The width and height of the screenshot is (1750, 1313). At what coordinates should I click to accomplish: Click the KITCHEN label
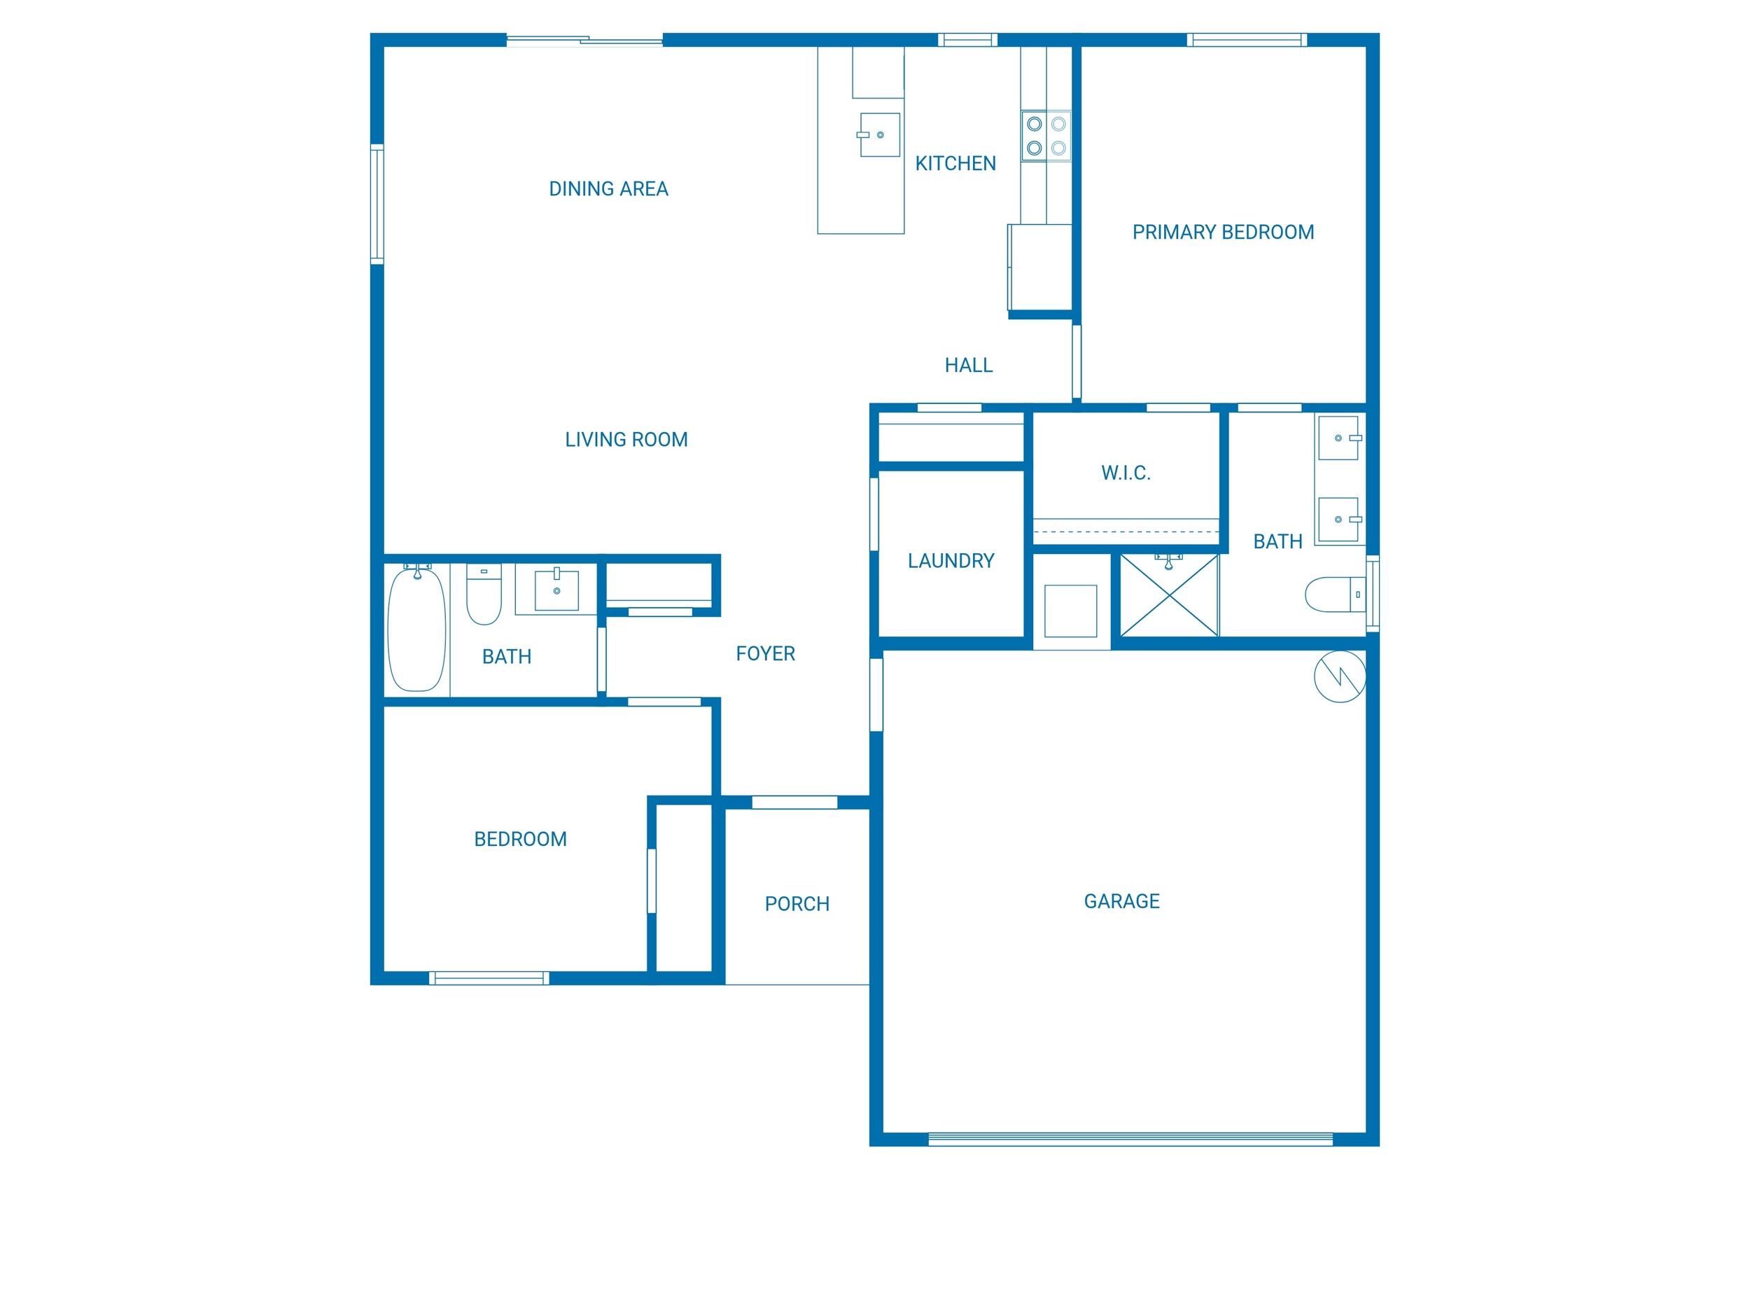point(955,164)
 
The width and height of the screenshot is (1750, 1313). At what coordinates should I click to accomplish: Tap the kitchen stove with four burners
point(1045,136)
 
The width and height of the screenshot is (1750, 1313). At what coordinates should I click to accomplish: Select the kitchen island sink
point(880,134)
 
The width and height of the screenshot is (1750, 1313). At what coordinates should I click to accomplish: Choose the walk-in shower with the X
point(1169,595)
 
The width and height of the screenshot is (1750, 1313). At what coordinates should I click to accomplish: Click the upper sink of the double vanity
point(1338,438)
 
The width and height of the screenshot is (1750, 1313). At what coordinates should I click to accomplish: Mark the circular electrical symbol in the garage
point(1339,676)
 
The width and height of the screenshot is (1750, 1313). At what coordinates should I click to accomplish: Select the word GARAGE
point(1121,901)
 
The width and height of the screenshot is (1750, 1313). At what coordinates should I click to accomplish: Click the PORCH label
point(797,904)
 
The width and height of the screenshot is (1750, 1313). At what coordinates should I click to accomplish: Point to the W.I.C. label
point(1125,473)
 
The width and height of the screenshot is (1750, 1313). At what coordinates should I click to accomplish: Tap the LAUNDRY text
point(950,561)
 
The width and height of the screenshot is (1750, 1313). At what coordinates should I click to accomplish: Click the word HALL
point(968,366)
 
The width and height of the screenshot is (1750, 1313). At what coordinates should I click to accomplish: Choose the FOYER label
point(765,654)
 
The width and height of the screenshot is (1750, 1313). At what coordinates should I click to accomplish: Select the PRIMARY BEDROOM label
point(1222,232)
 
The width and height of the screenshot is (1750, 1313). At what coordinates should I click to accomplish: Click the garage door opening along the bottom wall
point(1130,1139)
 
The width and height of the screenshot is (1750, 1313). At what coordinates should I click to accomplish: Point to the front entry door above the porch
point(794,803)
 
